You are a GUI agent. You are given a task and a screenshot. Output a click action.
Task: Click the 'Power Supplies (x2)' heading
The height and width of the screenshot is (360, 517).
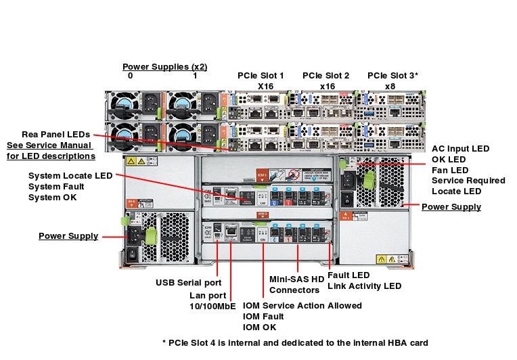coord(164,66)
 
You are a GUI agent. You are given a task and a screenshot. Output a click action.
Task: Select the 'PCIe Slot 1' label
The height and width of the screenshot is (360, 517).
coord(261,76)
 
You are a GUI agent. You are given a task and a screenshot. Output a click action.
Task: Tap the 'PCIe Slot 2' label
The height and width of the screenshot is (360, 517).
coord(325,76)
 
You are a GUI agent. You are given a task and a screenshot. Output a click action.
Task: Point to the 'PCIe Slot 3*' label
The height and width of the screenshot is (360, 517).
coord(392,76)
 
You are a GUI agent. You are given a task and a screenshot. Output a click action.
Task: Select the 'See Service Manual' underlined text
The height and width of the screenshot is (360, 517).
coord(51,145)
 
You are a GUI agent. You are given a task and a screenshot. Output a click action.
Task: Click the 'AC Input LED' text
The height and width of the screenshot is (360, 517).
coord(460,148)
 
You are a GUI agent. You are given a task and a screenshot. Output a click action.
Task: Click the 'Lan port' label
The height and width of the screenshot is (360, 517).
coord(207,295)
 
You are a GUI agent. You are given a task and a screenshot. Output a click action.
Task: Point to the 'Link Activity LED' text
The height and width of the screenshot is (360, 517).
coord(364,286)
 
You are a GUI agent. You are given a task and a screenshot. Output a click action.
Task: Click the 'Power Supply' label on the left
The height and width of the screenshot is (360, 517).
coord(68,236)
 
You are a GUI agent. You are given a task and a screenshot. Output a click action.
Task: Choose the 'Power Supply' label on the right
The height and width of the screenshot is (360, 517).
coord(451,207)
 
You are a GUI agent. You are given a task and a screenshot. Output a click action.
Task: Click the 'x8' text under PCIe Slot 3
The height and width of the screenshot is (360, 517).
coord(390,87)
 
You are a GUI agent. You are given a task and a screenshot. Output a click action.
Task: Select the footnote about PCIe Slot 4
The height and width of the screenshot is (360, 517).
coord(295,342)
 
